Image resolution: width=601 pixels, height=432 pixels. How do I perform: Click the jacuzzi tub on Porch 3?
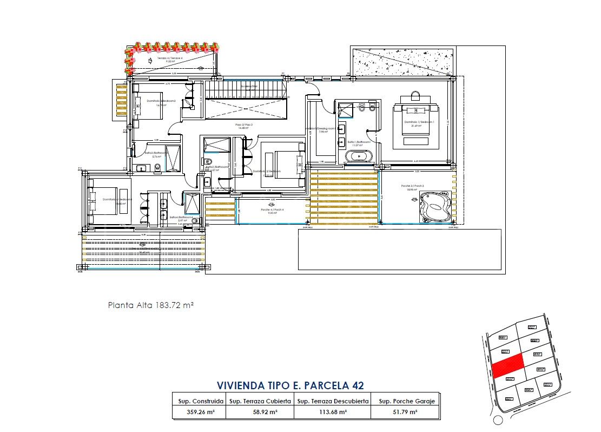pos(435,206)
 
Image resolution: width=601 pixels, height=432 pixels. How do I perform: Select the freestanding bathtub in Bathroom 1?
pos(359,156)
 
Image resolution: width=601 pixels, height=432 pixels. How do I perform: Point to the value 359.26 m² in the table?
pos(198,412)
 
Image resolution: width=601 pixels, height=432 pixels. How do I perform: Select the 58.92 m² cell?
pos(260,412)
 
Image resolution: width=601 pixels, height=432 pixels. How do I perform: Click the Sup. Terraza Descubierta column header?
pos(333,401)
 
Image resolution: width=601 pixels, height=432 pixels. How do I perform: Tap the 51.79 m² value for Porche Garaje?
pos(405,412)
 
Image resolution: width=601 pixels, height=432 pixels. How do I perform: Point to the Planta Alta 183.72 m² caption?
pos(151,305)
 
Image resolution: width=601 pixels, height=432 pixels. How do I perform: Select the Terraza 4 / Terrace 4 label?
pos(170,58)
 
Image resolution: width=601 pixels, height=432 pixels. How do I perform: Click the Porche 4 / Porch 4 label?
pos(272,210)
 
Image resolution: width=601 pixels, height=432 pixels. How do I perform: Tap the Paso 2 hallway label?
pos(245,125)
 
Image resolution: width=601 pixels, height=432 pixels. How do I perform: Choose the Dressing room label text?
pos(323,129)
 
